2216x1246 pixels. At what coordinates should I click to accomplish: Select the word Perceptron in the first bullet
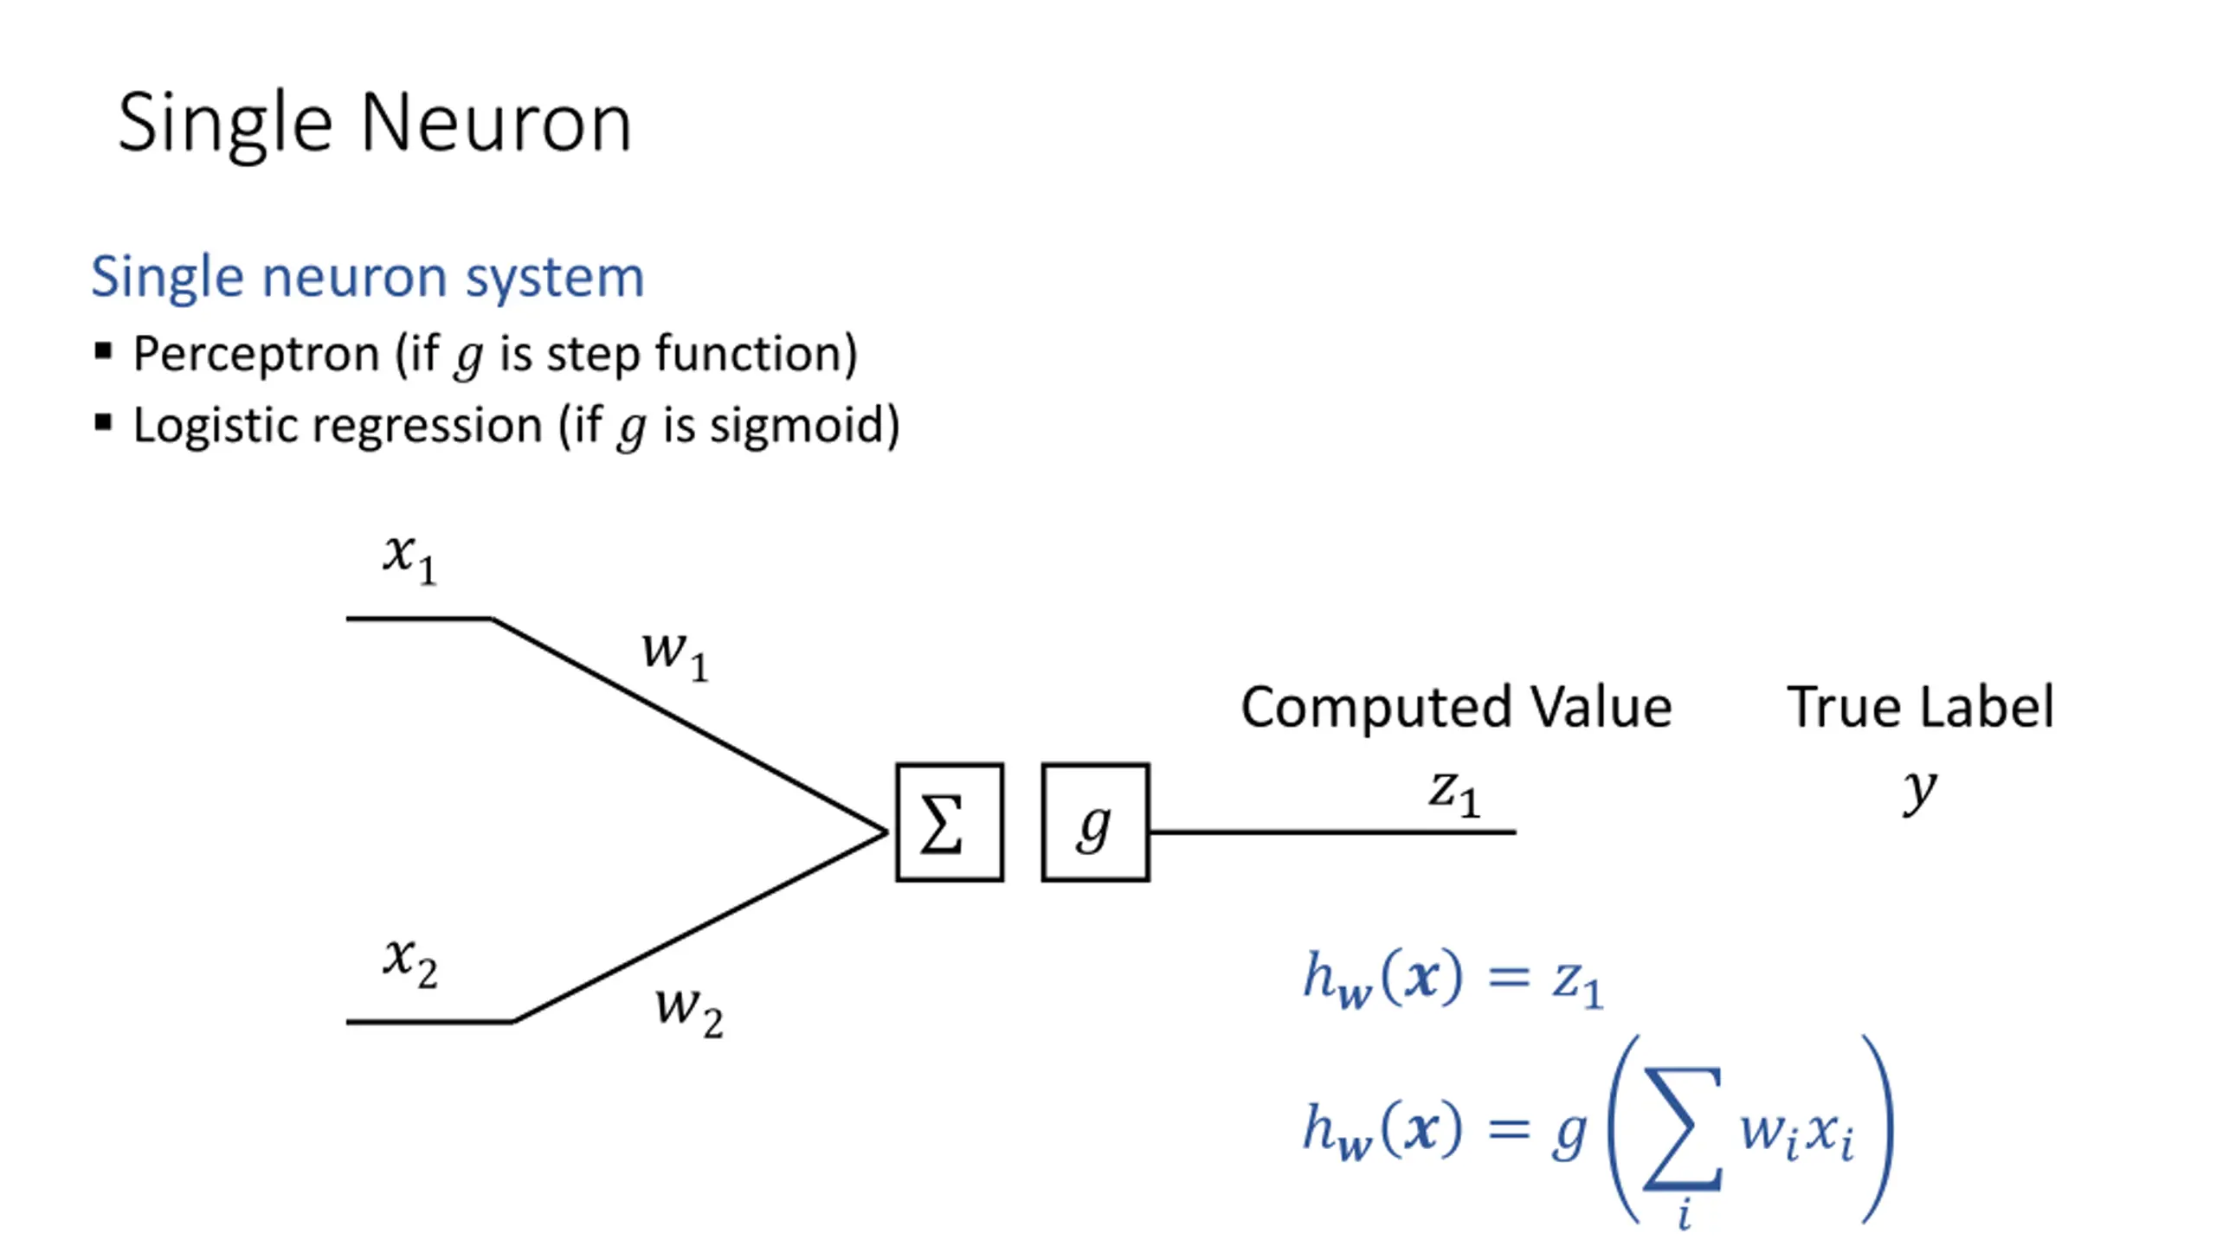[x=256, y=354]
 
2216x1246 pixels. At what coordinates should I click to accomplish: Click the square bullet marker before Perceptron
[x=103, y=351]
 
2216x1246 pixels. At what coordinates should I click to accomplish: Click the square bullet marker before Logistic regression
[x=103, y=423]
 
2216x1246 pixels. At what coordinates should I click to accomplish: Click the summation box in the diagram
[x=950, y=822]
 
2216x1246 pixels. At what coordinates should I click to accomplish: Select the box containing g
[x=1095, y=822]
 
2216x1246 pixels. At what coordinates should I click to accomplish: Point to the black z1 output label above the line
[x=1454, y=793]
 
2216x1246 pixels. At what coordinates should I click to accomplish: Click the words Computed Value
[x=1456, y=707]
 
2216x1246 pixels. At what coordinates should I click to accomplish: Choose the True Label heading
[x=1920, y=707]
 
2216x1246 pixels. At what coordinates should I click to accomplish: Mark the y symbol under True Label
[x=1919, y=791]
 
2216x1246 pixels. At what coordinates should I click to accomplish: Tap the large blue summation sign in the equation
[x=1683, y=1128]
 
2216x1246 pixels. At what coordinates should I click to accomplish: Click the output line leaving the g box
[x=1333, y=832]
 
